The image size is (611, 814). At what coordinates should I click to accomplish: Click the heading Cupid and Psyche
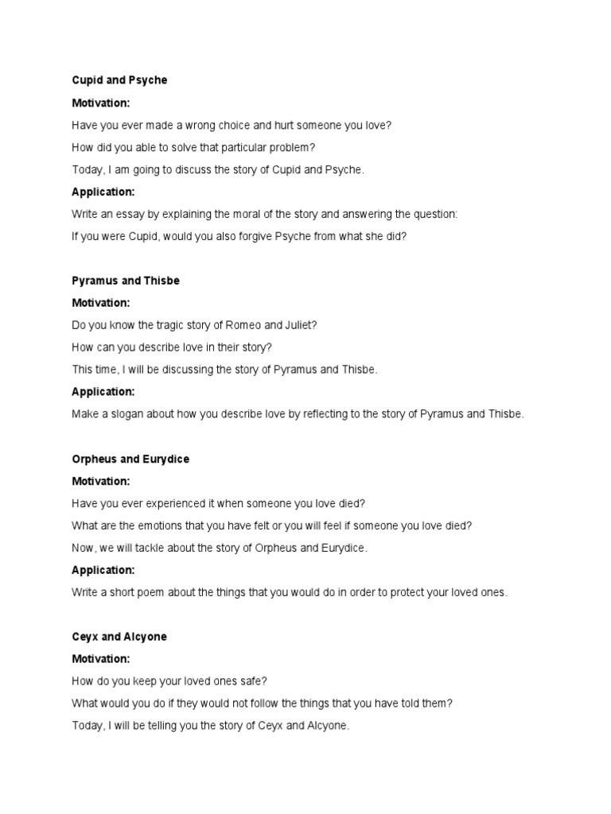[x=119, y=80]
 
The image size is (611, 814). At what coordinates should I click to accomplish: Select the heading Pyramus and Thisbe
[x=126, y=281]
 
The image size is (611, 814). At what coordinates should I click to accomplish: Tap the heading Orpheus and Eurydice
[x=130, y=459]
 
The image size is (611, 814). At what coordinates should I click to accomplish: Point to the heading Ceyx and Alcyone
[x=119, y=637]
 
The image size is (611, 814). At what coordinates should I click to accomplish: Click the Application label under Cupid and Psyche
[x=103, y=192]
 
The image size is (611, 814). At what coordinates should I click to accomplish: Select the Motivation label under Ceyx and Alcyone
[x=101, y=659]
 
